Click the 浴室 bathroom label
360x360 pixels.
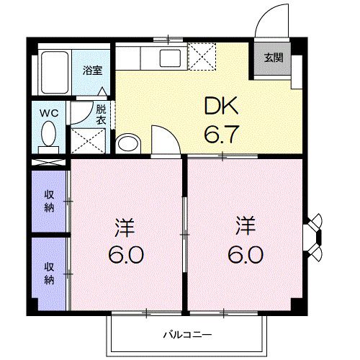click(x=91, y=71)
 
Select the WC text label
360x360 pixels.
click(x=49, y=112)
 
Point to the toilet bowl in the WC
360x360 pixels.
click(x=49, y=134)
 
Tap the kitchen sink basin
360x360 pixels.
click(x=172, y=58)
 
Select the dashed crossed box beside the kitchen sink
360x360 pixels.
click(x=201, y=55)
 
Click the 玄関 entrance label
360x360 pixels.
click(x=273, y=58)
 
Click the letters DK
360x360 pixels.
click(x=222, y=108)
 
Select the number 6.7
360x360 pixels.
click(x=222, y=134)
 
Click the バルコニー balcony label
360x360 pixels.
click(x=185, y=335)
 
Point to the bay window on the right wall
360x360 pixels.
click(x=315, y=234)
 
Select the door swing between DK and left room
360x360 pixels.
click(x=164, y=140)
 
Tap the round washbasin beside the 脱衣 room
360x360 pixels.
click(x=127, y=143)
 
